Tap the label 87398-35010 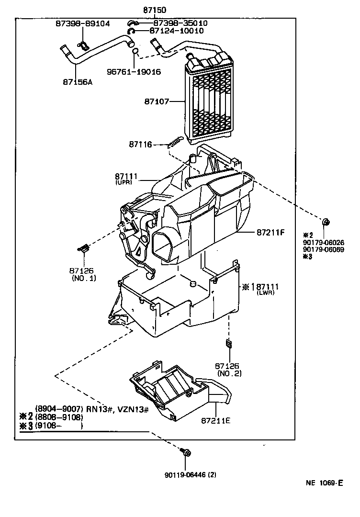coord(180,23)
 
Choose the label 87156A coord(78,82)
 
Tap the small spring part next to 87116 coord(175,142)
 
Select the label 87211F coord(270,233)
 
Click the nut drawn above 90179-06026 coord(325,222)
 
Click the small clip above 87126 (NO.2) coord(228,344)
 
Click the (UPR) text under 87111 coord(124,183)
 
